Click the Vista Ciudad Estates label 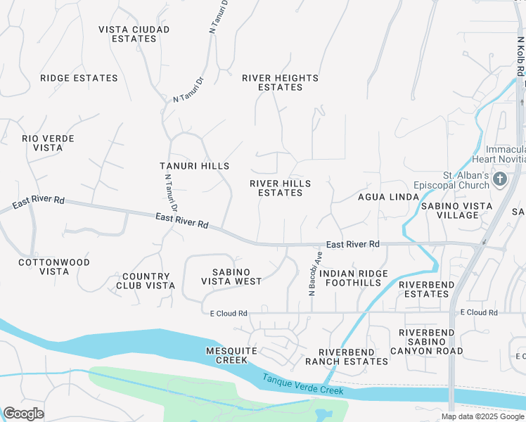(134, 34)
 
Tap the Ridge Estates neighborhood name (79, 78)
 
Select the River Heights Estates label (280, 82)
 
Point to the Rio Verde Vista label (48, 143)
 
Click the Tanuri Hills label (194, 166)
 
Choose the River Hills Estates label (280, 188)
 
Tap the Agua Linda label (388, 197)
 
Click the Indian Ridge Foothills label (354, 278)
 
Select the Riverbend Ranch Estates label (346, 357)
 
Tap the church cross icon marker (500, 179)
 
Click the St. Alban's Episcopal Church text (451, 180)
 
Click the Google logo (23, 414)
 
